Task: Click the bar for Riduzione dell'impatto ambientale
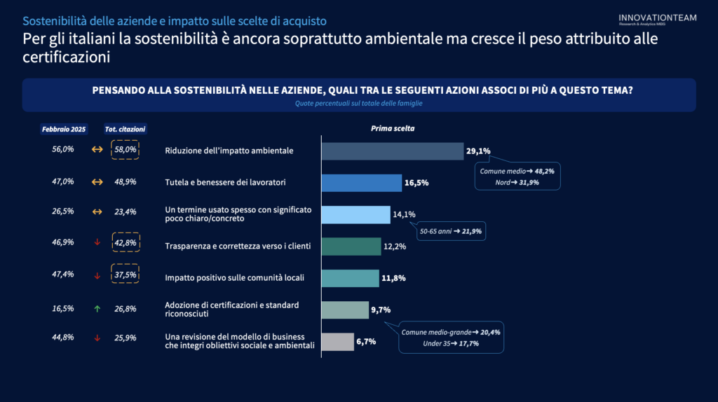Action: click(x=392, y=151)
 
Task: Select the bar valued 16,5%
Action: click(x=361, y=183)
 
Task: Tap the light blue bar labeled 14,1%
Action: click(x=355, y=214)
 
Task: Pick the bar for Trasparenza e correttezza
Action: click(x=351, y=247)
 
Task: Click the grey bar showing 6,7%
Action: click(x=337, y=342)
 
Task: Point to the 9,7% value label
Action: click(x=381, y=310)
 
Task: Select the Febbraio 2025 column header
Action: click(x=64, y=130)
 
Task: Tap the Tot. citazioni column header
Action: click(x=125, y=130)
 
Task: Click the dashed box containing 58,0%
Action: click(x=125, y=150)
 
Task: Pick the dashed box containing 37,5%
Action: click(x=125, y=275)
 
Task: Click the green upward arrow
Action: click(x=97, y=309)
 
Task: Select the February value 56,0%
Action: click(x=63, y=150)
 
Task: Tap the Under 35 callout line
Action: click(x=451, y=344)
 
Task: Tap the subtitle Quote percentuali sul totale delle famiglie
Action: click(x=358, y=103)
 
